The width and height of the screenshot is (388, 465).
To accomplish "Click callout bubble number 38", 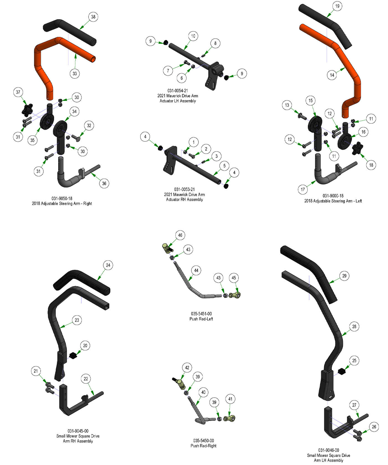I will point(93,17).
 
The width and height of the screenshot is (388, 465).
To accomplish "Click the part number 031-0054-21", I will point(178,91).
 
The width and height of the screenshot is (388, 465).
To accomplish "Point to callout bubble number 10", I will point(193,36).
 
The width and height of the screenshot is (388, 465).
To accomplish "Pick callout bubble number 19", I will point(337,6).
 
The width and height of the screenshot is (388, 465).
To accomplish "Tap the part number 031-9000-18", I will point(333,196).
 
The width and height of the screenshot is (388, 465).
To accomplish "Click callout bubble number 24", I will point(108,265).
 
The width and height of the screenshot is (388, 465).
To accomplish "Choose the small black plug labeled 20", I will point(73,355).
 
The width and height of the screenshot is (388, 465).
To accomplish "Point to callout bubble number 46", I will point(180,235).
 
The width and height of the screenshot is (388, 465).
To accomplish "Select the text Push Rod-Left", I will point(201,319).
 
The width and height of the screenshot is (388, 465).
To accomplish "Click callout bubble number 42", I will point(187,368).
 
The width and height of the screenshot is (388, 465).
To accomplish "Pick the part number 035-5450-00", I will point(203,441).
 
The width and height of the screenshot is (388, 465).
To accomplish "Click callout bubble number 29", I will point(344,276).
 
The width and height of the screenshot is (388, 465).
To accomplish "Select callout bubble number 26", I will point(374,427).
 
